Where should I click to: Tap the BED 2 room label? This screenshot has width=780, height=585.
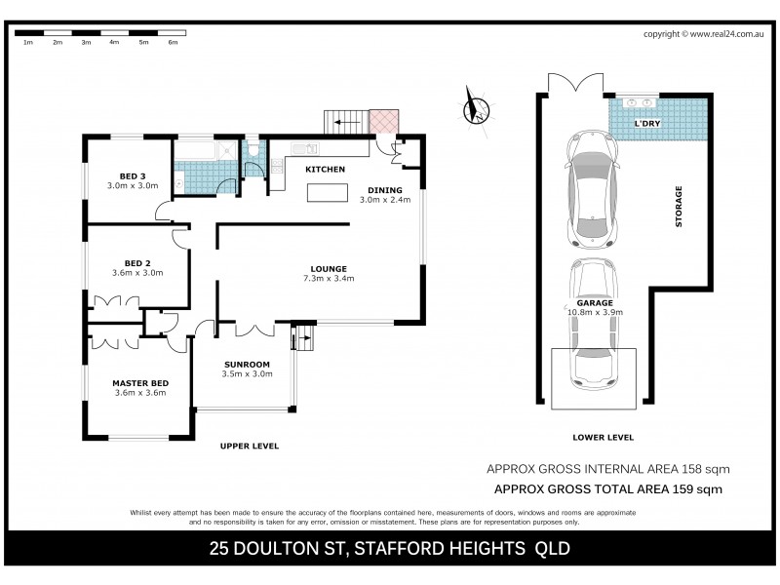click(136, 262)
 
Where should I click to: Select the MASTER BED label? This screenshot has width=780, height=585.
click(139, 383)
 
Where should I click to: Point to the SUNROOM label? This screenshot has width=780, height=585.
click(245, 364)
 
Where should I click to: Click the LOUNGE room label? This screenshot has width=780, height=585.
click(329, 269)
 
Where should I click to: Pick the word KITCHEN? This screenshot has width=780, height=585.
click(325, 170)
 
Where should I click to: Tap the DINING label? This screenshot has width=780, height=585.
click(384, 189)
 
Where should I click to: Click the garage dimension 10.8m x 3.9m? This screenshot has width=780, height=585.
click(595, 312)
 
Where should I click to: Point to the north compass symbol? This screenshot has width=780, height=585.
click(476, 105)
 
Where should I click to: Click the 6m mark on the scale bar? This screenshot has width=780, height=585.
click(173, 43)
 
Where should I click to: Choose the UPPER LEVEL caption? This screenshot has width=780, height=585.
click(251, 446)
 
